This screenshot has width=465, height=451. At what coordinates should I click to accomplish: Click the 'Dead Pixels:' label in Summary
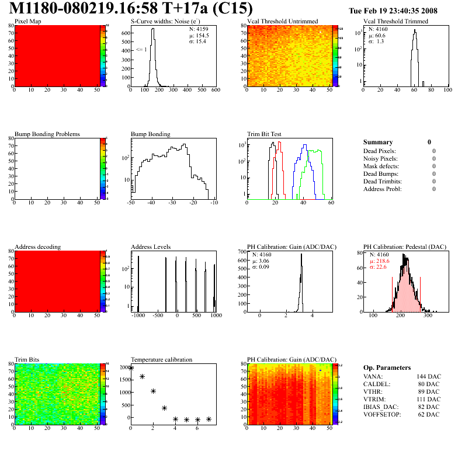coord(379,151)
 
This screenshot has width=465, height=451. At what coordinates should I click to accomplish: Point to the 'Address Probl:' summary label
coord(382,189)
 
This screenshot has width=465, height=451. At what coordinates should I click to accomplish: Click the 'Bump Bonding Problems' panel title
coord(47,134)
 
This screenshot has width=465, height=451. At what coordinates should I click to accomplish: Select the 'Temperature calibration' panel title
coord(161,360)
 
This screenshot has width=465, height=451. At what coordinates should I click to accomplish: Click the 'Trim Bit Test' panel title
coord(264,134)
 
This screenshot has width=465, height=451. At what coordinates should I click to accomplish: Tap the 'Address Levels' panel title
coord(151,247)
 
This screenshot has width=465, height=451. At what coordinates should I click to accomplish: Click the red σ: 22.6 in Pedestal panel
coord(381,268)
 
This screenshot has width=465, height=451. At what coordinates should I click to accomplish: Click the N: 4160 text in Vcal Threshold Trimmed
coord(376,29)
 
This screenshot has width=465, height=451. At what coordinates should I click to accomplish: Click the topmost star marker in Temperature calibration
coord(131,368)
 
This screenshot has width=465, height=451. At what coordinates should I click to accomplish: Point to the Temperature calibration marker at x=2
coord(153,391)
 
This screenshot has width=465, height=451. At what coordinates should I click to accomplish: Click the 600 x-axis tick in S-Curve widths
coord(215,91)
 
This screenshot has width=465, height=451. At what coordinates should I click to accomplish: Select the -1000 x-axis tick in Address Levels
coord(138,315)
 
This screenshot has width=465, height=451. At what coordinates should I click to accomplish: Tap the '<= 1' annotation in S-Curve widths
coord(141,50)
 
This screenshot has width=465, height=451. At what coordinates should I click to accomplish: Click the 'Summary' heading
coord(378,142)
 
